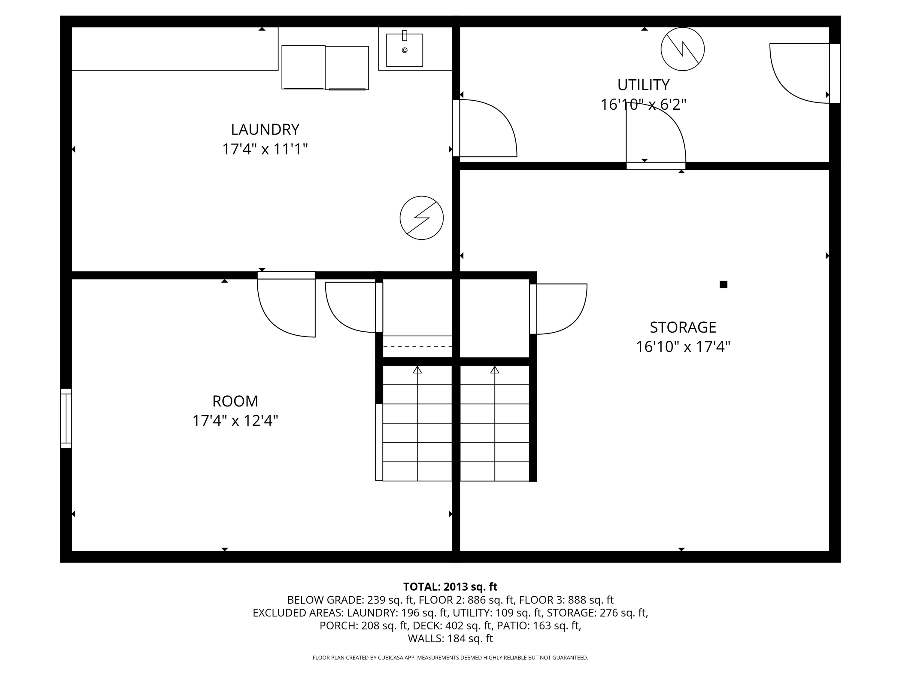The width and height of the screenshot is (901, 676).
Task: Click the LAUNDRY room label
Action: (x=265, y=129)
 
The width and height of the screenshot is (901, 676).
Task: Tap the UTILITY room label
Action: (x=643, y=85)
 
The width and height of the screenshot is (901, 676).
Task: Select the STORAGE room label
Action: (x=683, y=327)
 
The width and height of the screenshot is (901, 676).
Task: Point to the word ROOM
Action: (x=235, y=401)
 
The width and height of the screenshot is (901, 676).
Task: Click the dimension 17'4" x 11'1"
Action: (x=265, y=149)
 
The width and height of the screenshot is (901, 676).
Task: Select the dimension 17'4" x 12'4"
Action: (x=235, y=421)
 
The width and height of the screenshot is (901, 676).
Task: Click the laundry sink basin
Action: (x=405, y=50)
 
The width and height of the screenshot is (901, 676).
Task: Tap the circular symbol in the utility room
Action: (x=682, y=49)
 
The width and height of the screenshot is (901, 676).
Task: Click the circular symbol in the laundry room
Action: (x=422, y=218)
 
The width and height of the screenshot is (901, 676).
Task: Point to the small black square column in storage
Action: (x=724, y=285)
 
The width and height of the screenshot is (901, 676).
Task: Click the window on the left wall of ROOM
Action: (x=66, y=418)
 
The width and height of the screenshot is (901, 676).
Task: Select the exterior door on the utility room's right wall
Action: (x=835, y=73)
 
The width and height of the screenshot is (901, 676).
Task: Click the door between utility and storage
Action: (x=656, y=166)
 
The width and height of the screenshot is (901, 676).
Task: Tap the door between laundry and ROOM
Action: (x=286, y=276)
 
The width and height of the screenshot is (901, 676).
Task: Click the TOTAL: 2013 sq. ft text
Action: (x=450, y=587)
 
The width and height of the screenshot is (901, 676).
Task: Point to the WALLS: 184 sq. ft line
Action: (x=450, y=638)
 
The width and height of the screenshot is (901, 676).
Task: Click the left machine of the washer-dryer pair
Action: (x=303, y=67)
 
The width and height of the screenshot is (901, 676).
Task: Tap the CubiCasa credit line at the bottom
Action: (x=450, y=658)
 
